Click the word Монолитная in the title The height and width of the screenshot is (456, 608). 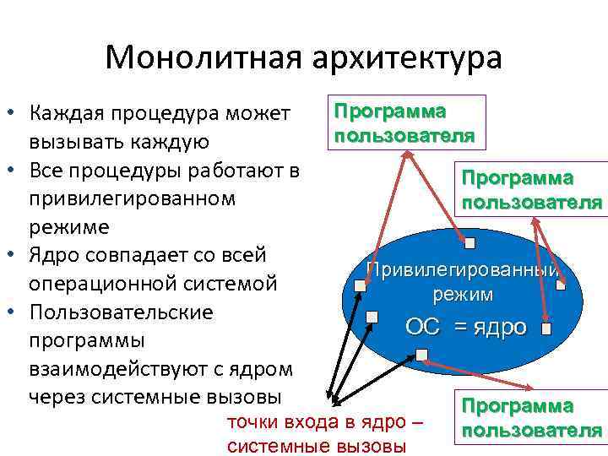click(203, 58)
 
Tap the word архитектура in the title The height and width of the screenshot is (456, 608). click(405, 58)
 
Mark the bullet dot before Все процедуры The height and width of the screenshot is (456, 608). click(13, 170)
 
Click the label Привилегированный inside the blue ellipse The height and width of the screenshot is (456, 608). click(461, 271)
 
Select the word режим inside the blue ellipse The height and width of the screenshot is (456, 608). click(463, 295)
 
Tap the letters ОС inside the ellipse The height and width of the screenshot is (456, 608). click(423, 327)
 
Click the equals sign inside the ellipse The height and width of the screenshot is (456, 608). click(461, 327)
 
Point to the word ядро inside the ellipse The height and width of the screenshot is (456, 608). click(499, 327)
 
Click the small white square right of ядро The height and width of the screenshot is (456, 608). click(546, 327)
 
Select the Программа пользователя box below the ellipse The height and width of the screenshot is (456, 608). click(530, 417)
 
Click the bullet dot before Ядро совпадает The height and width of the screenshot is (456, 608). click(13, 255)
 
